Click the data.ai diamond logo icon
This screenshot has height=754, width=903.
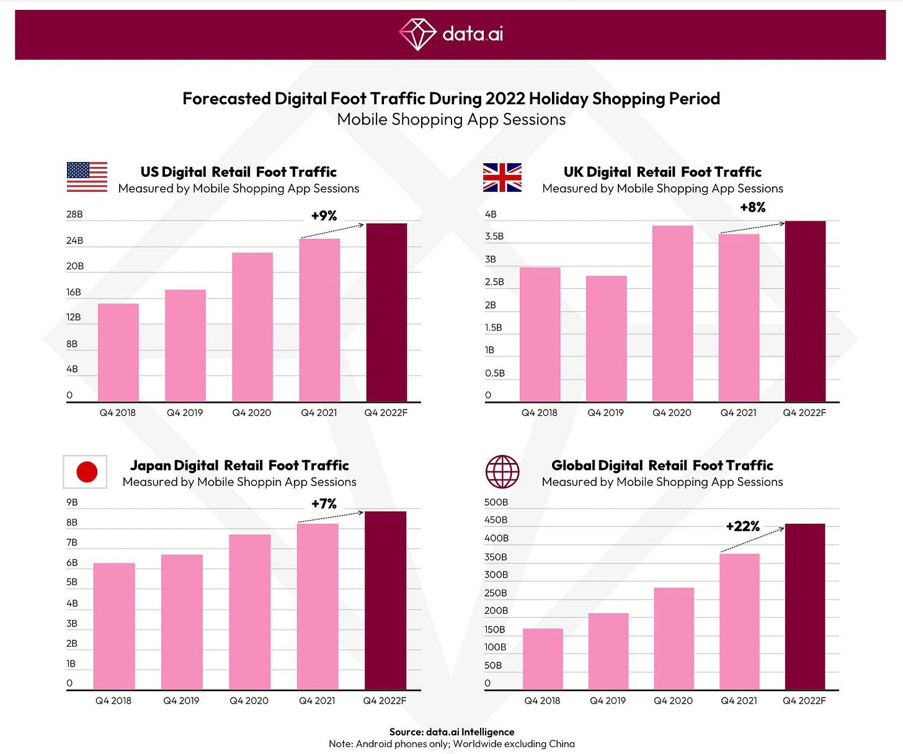(x=417, y=34)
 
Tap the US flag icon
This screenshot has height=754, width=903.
(x=87, y=177)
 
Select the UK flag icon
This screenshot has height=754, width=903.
(x=502, y=177)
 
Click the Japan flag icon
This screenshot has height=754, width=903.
(x=86, y=472)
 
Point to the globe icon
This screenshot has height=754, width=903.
(x=502, y=472)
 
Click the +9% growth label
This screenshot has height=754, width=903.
(x=324, y=216)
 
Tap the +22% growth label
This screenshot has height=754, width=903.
(x=742, y=527)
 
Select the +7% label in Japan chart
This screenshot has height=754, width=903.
(x=324, y=504)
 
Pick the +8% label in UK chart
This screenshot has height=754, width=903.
(x=752, y=207)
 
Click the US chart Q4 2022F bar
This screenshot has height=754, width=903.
(x=386, y=312)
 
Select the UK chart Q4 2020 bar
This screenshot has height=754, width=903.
(x=672, y=313)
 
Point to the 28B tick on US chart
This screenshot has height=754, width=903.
(x=74, y=215)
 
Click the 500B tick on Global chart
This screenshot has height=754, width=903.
(x=496, y=502)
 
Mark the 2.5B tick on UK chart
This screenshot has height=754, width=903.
(x=494, y=282)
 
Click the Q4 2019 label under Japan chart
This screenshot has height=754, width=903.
(x=181, y=701)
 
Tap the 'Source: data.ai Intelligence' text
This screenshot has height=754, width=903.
(x=451, y=732)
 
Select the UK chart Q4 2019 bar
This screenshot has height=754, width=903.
(x=606, y=339)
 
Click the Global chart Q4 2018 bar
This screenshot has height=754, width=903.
(x=543, y=658)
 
